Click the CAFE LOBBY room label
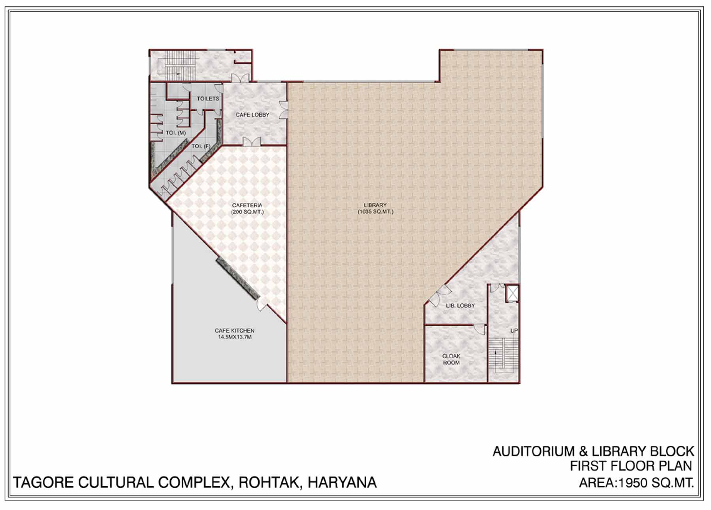(x=252, y=115)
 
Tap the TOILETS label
(x=208, y=98)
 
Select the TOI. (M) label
(x=176, y=133)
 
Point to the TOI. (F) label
(x=201, y=147)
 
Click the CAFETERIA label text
(x=247, y=205)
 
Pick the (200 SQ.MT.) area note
(x=247, y=212)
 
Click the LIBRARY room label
(x=375, y=205)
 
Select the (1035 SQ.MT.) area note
(x=376, y=212)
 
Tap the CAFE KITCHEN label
(x=235, y=330)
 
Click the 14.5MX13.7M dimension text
(x=235, y=337)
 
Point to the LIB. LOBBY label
(x=460, y=305)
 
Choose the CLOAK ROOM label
(x=451, y=359)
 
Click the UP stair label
(x=514, y=330)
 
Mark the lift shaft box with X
(x=512, y=294)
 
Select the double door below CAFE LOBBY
(x=251, y=141)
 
